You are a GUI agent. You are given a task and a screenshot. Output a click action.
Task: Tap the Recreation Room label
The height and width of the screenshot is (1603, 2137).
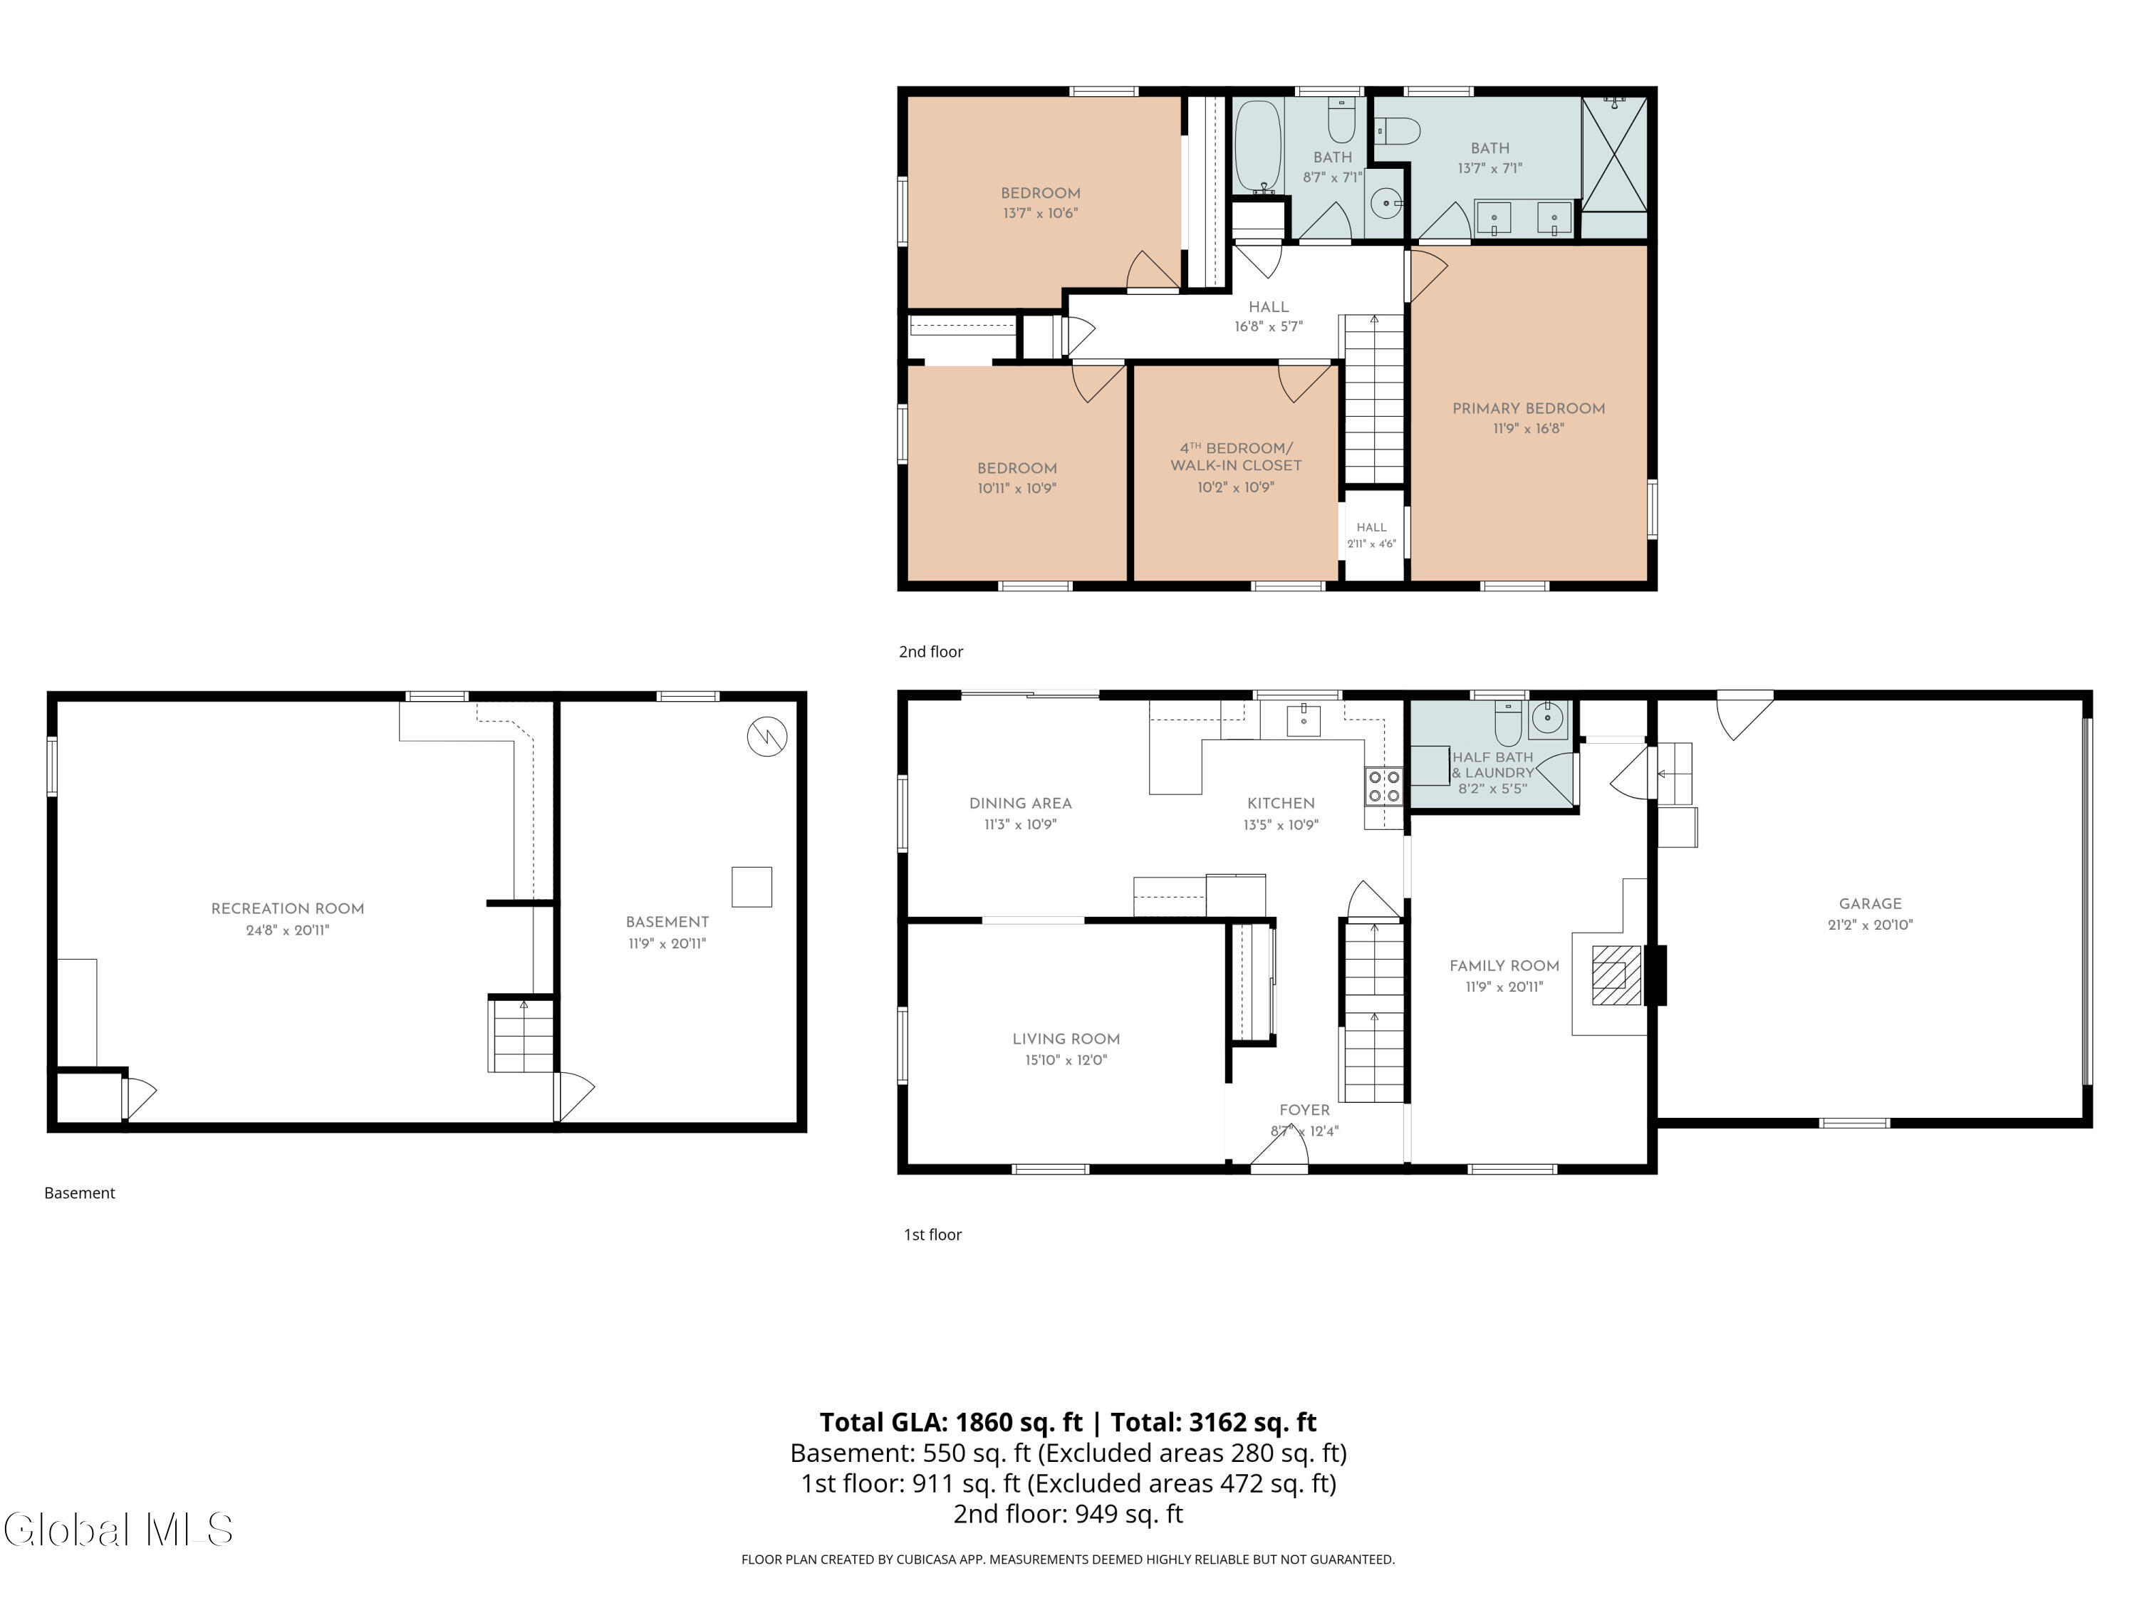[x=288, y=908]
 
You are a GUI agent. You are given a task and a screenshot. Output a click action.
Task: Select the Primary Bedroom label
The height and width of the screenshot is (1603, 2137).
[x=1529, y=408]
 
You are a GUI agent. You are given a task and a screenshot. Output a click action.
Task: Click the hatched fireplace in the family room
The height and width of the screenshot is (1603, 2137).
[x=1616, y=975]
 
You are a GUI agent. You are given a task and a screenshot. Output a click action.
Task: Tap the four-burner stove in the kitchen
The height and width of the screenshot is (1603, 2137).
[x=1383, y=786]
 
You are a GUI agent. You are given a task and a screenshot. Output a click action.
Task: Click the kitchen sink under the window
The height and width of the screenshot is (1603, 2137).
[x=1304, y=719]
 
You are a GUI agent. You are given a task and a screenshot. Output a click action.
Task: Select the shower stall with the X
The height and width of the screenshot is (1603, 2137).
[x=1613, y=155]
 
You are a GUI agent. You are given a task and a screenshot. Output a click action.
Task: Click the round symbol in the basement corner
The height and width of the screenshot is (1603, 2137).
[x=767, y=737]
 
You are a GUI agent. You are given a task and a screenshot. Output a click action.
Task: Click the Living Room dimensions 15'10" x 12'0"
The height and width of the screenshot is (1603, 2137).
[x=1066, y=1060]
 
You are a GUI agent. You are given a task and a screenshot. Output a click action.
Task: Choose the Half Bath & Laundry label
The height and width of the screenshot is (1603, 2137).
[x=1492, y=764]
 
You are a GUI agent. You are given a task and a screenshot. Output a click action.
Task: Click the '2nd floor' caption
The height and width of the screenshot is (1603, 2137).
[x=930, y=651]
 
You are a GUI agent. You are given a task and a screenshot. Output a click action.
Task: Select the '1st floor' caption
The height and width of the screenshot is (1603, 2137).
[x=932, y=1234]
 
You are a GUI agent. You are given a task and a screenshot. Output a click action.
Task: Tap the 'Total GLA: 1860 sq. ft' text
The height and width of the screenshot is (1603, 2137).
[x=952, y=1422]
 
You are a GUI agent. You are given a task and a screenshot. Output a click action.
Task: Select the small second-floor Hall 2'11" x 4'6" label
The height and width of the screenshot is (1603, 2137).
[x=1372, y=535]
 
